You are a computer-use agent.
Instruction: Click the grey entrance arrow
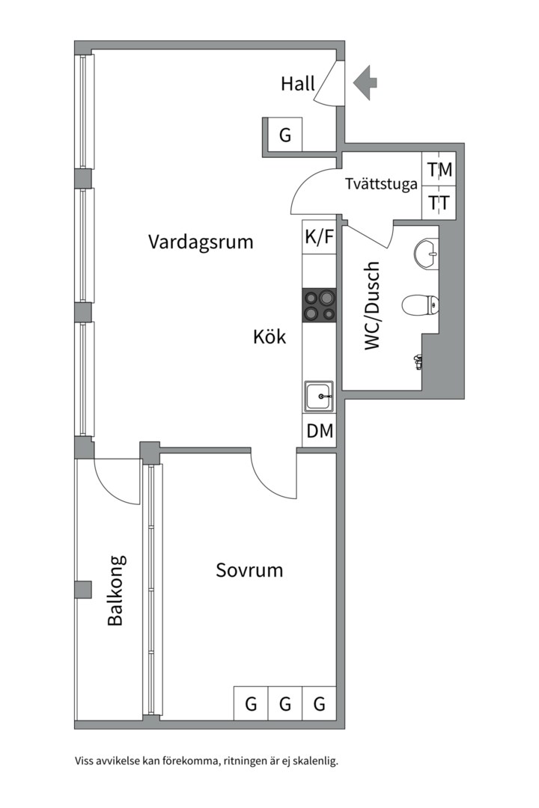point(365,82)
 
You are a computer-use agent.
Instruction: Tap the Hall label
point(298,84)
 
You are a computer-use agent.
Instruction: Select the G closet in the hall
point(284,135)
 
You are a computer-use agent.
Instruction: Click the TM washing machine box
point(439,170)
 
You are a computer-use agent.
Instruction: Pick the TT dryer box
point(439,203)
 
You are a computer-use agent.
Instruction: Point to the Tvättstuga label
point(381,184)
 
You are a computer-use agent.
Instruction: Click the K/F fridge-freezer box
point(319,237)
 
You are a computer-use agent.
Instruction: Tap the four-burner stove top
point(319,305)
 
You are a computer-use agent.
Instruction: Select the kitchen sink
point(319,397)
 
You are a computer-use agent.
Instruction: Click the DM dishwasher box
point(319,430)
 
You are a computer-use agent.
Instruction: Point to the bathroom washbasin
point(427,254)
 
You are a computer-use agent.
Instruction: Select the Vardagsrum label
point(201,242)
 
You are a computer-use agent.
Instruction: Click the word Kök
point(269,337)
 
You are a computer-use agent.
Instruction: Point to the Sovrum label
point(249,570)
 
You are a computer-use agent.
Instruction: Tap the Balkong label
point(116,590)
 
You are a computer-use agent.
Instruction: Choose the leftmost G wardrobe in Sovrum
point(251,703)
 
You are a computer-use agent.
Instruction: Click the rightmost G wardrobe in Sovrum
point(319,703)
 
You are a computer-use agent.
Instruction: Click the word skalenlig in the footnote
point(315,761)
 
